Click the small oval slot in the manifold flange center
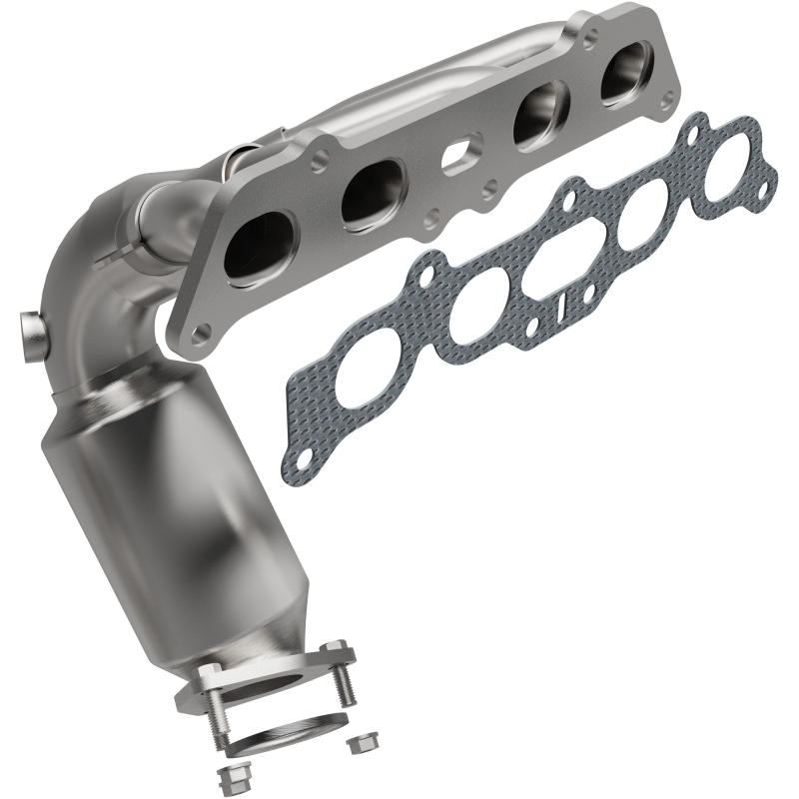[460, 157]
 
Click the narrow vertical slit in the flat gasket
[565, 302]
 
